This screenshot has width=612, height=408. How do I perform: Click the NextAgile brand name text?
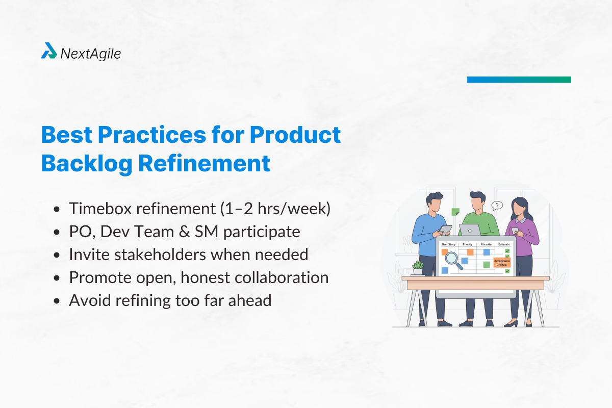[x=90, y=53]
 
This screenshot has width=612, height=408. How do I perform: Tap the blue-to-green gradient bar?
[x=519, y=80]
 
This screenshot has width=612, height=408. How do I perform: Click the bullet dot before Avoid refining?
[x=58, y=301]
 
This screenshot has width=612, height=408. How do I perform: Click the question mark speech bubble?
[x=497, y=206]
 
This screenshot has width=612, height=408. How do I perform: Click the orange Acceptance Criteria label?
[x=502, y=263]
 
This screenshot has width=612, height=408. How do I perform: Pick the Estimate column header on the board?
[x=503, y=245]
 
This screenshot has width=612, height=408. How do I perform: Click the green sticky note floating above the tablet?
[x=455, y=212]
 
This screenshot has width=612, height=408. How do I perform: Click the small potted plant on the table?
[x=418, y=268]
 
